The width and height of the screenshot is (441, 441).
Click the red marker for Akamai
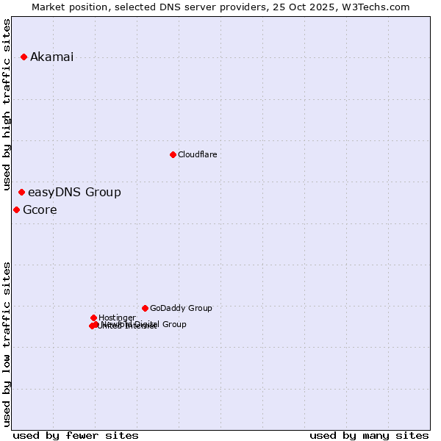pyautogui.click(x=24, y=57)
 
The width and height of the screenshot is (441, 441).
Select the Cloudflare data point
pyautogui.click(x=173, y=154)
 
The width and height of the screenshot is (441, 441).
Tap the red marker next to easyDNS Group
pyautogui.click(x=21, y=193)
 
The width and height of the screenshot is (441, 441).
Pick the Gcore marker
pyautogui.click(x=16, y=210)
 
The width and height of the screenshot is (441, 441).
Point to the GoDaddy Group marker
pyautogui.click(x=145, y=308)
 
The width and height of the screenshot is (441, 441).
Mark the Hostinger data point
pyautogui.click(x=93, y=318)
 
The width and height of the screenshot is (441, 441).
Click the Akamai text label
pyautogui.click(x=51, y=57)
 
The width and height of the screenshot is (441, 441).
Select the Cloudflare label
pyautogui.click(x=197, y=155)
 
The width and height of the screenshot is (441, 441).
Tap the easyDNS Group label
pyautogui.click(x=74, y=193)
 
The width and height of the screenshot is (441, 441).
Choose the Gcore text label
pyautogui.click(x=40, y=210)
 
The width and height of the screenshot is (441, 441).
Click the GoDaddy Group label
pyautogui.click(x=181, y=309)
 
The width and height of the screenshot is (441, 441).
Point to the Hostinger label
pyautogui.click(x=117, y=318)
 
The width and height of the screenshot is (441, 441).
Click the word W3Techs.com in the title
pyautogui.click(x=379, y=7)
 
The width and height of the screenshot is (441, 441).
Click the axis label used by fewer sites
pyautogui.click(x=76, y=436)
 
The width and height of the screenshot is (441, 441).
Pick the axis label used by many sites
pyautogui.click(x=369, y=436)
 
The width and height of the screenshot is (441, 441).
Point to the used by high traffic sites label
pyautogui.click(x=7, y=104)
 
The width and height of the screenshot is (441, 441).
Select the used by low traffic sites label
pyautogui.click(x=7, y=344)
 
